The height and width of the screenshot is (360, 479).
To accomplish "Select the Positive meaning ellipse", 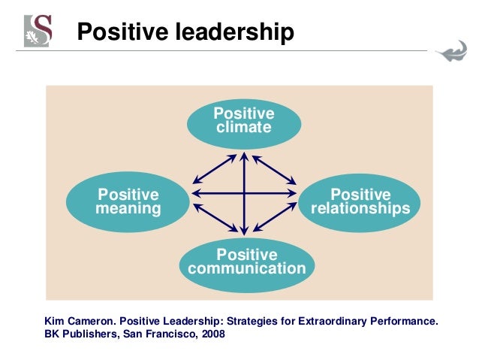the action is pyautogui.click(x=128, y=201).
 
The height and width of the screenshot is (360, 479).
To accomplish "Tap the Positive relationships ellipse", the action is pyautogui.click(x=360, y=201).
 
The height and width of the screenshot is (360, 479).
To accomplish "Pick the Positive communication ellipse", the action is pyautogui.click(x=246, y=262).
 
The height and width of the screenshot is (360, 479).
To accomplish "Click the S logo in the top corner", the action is pyautogui.click(x=39, y=30).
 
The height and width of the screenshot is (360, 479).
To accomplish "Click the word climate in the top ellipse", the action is pyautogui.click(x=244, y=127).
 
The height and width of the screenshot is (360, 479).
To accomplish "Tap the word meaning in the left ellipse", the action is pyautogui.click(x=128, y=209).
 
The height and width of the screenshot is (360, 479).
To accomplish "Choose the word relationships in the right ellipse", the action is pyautogui.click(x=360, y=209).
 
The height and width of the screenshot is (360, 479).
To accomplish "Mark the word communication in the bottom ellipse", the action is pyautogui.click(x=246, y=269).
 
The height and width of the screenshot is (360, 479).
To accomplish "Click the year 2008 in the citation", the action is pyautogui.click(x=209, y=334).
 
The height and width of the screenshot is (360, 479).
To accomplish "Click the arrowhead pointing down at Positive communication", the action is pyautogui.click(x=244, y=231).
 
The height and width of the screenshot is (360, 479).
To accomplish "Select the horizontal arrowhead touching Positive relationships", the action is pyautogui.click(x=294, y=194).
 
